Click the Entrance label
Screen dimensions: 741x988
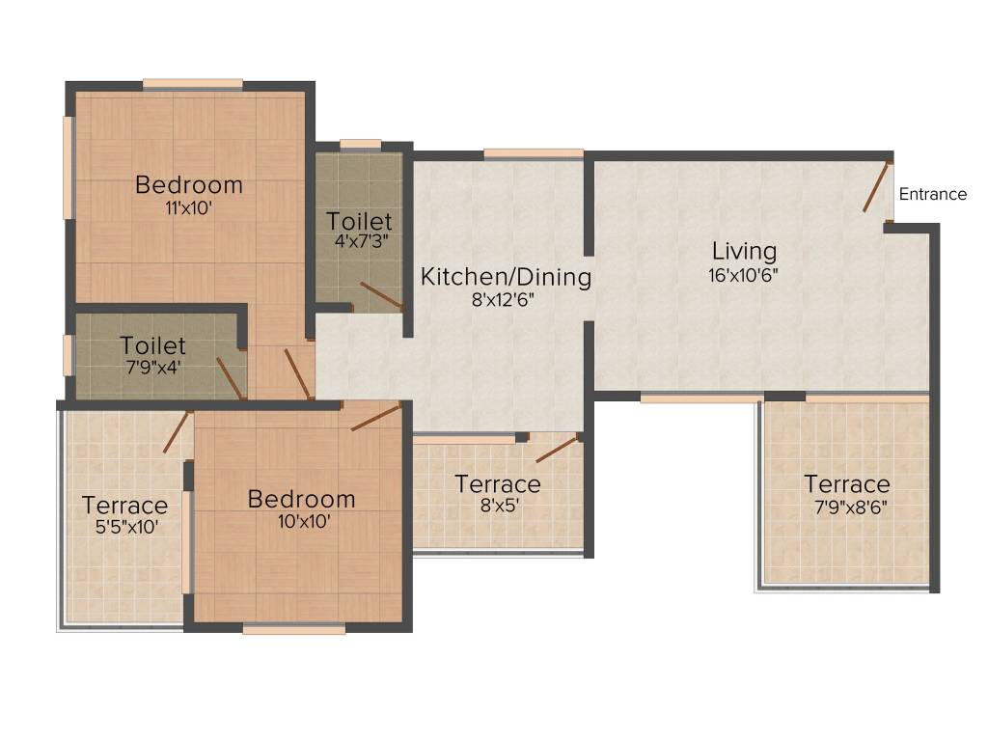coord(932,194)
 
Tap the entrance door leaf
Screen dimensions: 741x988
coord(876,187)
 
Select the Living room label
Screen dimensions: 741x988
coord(744,251)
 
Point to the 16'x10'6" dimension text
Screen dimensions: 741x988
coord(744,273)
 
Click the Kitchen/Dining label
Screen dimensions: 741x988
coord(506,277)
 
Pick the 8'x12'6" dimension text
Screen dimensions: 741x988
coord(503,299)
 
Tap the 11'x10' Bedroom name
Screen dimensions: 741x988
coord(189,183)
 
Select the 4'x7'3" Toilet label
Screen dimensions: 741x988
coord(359,221)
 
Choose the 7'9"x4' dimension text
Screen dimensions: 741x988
coord(152,367)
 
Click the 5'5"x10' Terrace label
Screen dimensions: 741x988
coord(124,505)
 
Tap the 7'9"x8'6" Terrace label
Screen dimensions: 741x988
coord(847,483)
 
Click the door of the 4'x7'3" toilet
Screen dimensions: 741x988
coord(381,296)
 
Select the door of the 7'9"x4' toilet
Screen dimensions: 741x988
coord(230,377)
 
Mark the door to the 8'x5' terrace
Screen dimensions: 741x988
coord(557,449)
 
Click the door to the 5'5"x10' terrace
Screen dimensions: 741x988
coord(178,431)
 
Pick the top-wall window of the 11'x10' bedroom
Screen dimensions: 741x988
coord(193,84)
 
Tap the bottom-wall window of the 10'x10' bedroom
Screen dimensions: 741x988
coord(294,629)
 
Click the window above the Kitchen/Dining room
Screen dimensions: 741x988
coord(534,152)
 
